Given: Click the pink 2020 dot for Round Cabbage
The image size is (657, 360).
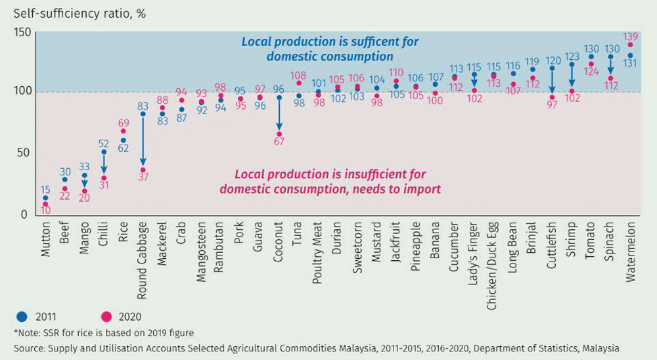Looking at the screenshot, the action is [143, 170].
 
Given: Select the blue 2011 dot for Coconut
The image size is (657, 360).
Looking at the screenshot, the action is [279, 98].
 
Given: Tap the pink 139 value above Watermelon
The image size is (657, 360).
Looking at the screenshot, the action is [631, 37].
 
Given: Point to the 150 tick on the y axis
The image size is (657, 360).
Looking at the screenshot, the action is [22, 32].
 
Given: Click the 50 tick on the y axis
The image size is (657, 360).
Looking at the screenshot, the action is [24, 152].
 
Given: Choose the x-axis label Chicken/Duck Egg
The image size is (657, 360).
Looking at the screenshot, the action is [493, 266].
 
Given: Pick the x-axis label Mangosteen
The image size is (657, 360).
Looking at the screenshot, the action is [202, 252].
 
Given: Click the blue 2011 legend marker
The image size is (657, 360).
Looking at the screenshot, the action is [22, 317].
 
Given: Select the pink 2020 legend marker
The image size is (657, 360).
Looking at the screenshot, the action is [106, 317].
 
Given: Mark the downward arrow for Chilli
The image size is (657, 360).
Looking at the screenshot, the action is [104, 164].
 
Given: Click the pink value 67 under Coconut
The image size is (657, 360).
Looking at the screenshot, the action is [279, 142].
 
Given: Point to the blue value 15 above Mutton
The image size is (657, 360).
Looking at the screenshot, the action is [45, 190].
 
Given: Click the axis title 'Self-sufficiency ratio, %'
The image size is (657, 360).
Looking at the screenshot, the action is [79, 14].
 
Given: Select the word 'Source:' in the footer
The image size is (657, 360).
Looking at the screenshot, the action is [30, 348].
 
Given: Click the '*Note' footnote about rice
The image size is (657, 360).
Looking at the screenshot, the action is [104, 333].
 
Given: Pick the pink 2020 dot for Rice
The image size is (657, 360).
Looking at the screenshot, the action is [124, 131].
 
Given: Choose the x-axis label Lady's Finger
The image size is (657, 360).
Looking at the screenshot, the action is [473, 254].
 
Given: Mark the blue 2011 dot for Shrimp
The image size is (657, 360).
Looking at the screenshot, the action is [572, 64].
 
